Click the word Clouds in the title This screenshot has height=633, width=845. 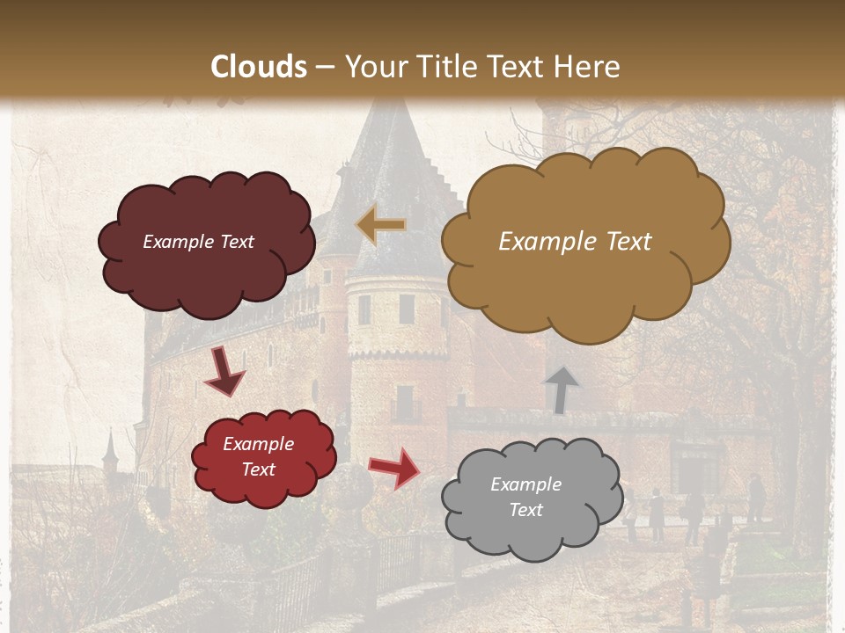(x=259, y=67)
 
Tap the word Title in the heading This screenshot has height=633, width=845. (x=445, y=67)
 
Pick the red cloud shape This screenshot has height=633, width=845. (x=263, y=456)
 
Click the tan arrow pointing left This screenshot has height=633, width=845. (x=381, y=225)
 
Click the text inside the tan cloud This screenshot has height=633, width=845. (x=575, y=242)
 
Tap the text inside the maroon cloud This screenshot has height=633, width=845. (x=198, y=242)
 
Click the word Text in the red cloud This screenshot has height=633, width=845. (x=259, y=469)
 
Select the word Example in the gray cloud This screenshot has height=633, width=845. (x=525, y=484)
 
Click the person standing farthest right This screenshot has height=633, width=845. (x=755, y=498)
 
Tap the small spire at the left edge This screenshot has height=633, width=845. (x=109, y=448)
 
